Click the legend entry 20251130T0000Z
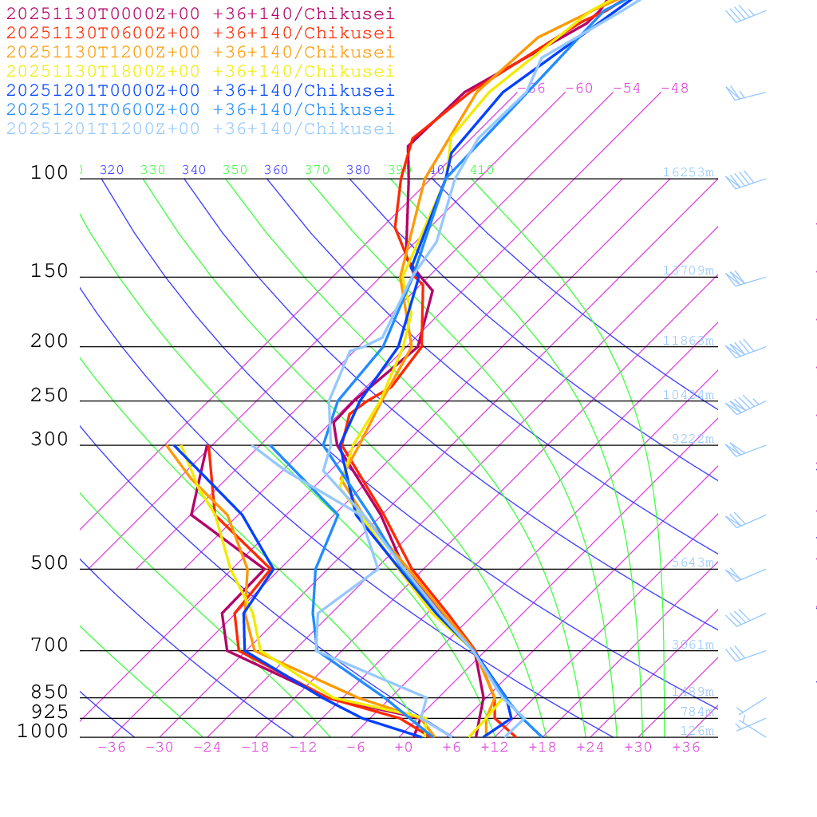point(199,14)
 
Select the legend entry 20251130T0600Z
point(199,33)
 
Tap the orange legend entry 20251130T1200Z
point(199,52)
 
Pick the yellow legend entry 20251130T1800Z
point(199,71)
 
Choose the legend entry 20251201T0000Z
point(199,90)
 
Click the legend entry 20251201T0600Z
point(199,109)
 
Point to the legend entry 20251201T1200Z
point(199,128)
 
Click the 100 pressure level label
point(50,173)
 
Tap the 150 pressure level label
point(50,271)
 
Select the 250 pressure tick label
point(50,396)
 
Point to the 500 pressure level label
point(50,563)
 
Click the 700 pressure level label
point(50,645)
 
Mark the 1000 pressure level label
point(43,732)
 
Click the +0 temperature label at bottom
point(404,748)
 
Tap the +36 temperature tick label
point(686,748)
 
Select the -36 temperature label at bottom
point(112,748)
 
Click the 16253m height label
point(688,172)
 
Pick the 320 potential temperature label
point(112,170)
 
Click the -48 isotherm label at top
point(675,89)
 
